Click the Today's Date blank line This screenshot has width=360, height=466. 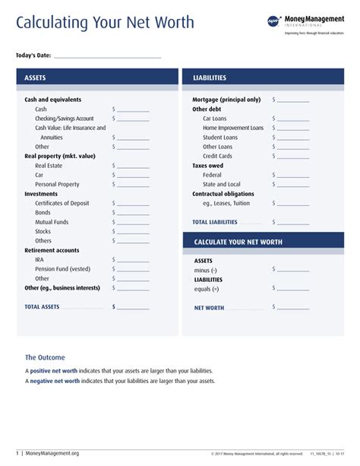pos(107,56)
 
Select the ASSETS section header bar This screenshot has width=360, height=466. pos(96,78)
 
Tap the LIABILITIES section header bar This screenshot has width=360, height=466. pos(264,78)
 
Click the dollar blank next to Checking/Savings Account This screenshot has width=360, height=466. pos(133,119)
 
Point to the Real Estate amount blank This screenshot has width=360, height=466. pos(133,166)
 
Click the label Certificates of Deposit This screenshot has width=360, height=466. pos(62,203)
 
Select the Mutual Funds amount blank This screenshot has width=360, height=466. pos(133,222)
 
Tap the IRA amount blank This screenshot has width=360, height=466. pos(133,260)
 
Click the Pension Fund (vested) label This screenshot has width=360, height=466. pos(62,269)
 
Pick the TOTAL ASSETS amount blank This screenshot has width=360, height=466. pos(133,307)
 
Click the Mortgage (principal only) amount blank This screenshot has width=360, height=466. pos(293,100)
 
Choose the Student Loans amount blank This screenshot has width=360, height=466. pos(293,138)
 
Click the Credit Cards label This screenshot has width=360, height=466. pos(217,156)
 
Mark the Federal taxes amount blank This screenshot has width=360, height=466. pos(293,175)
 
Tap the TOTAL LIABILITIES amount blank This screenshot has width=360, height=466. pos(293,222)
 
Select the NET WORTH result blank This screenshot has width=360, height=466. pos(293,308)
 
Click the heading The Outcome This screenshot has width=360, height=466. pos(45,357)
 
